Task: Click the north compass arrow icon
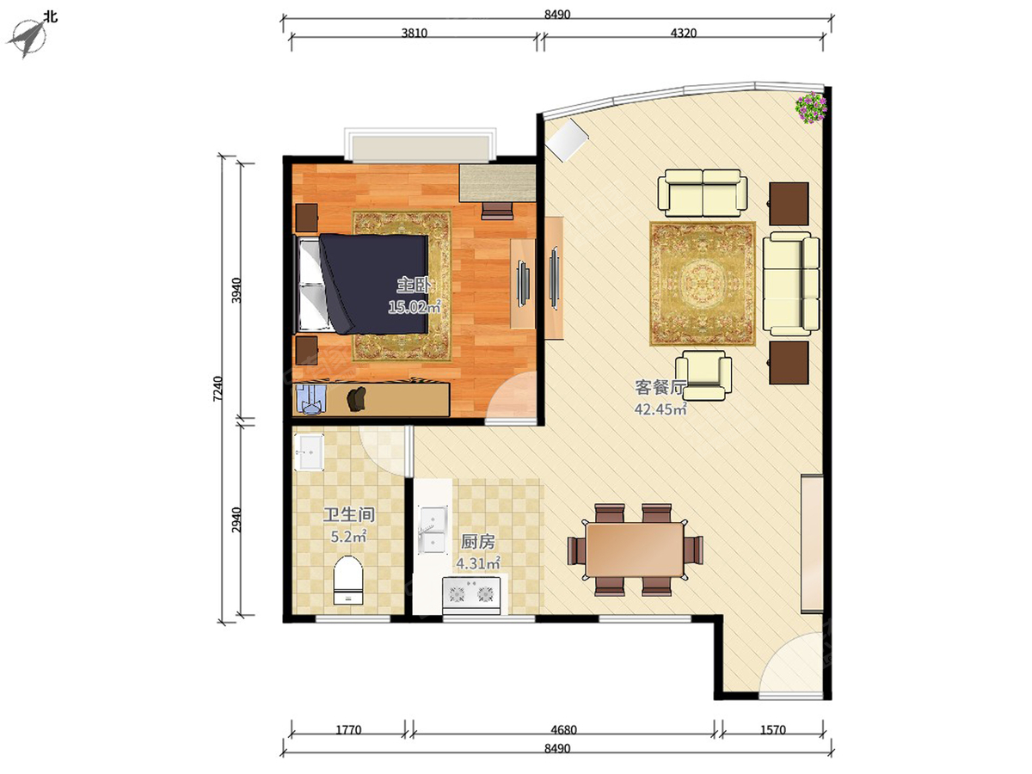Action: (x=28, y=39)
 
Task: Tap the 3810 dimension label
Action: (x=415, y=34)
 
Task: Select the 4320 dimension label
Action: (x=683, y=34)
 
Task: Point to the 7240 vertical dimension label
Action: (x=218, y=389)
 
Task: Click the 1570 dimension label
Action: (x=773, y=729)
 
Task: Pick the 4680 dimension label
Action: (x=563, y=729)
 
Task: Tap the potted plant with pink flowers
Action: (x=811, y=107)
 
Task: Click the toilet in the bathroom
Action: (x=348, y=580)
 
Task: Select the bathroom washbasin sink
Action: (x=309, y=452)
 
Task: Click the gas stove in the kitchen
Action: (x=471, y=594)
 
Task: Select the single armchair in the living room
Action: (x=703, y=375)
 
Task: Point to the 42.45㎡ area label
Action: (x=660, y=408)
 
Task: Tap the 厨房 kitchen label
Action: (x=477, y=542)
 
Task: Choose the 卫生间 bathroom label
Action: (x=348, y=514)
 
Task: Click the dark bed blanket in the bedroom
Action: (x=374, y=284)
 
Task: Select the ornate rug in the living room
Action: (x=703, y=284)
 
